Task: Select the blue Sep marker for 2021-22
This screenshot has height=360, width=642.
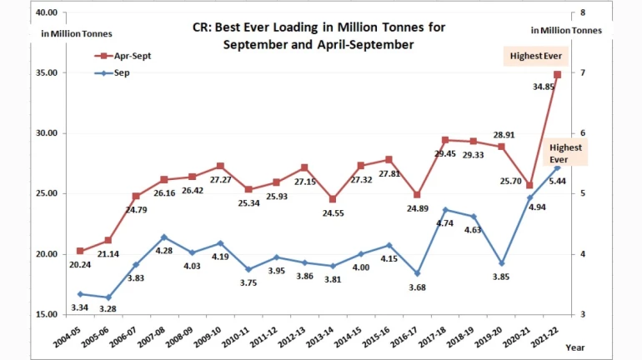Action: (557, 167)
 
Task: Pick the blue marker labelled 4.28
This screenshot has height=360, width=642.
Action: (164, 237)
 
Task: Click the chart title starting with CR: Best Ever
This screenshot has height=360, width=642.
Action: (318, 36)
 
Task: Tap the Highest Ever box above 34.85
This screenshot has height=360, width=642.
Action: (536, 57)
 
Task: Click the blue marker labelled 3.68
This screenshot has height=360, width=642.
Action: (418, 273)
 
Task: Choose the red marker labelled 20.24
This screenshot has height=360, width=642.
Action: (80, 251)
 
